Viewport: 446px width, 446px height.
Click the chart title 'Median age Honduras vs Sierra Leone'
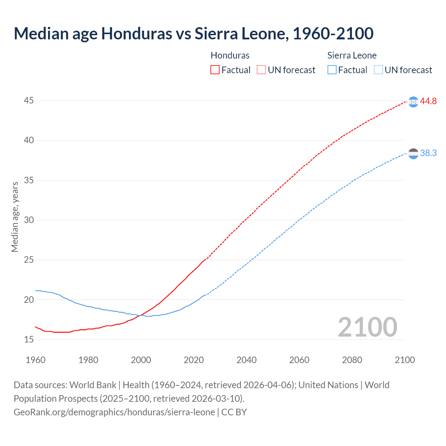(193, 33)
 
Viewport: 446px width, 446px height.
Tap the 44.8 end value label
(428, 101)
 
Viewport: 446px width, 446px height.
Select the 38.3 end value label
(428, 153)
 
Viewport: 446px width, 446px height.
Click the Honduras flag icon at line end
(413, 102)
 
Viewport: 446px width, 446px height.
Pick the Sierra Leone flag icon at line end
(413, 154)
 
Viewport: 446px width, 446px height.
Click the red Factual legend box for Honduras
(215, 70)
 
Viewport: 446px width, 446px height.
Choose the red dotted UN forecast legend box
(261, 70)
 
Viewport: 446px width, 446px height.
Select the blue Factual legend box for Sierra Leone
(332, 70)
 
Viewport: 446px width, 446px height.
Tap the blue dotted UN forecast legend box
(378, 70)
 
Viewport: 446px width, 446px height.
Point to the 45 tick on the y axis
(29, 101)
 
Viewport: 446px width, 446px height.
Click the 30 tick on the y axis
(29, 220)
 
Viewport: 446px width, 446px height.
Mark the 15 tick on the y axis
(29, 339)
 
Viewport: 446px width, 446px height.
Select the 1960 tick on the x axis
(36, 360)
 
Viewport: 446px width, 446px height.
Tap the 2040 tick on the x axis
(246, 360)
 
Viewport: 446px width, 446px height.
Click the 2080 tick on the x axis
(352, 360)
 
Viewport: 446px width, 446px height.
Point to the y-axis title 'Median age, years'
(15, 217)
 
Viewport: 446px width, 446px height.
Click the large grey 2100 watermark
(367, 327)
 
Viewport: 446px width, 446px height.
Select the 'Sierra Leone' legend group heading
(352, 55)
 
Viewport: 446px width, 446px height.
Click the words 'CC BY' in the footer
(234, 412)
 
